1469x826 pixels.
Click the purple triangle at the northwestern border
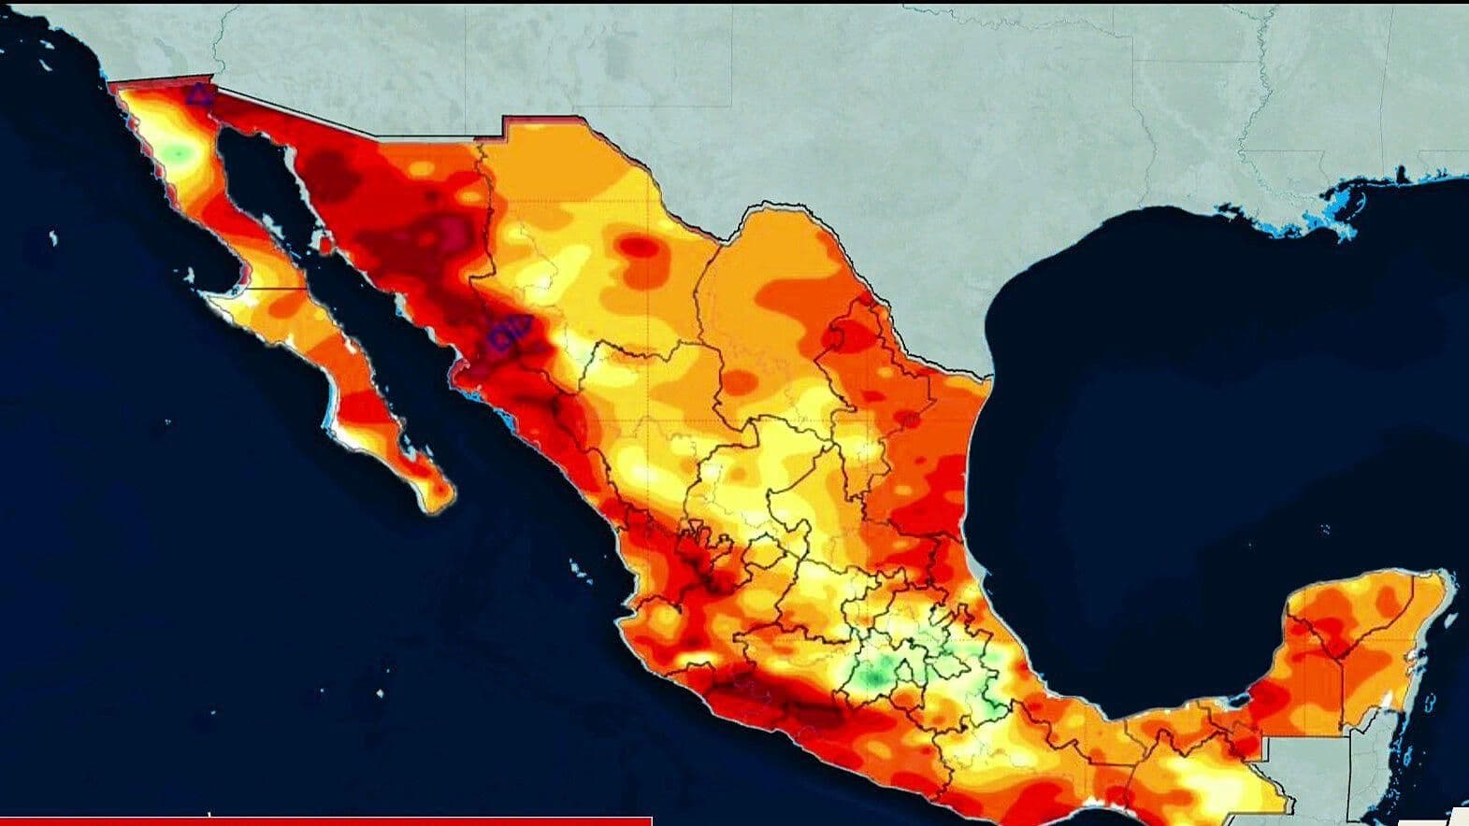coord(197,93)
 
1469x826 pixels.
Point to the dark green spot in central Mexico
coord(876,674)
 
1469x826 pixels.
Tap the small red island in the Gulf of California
coord(325,246)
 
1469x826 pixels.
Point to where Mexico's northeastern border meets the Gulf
coord(989,378)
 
